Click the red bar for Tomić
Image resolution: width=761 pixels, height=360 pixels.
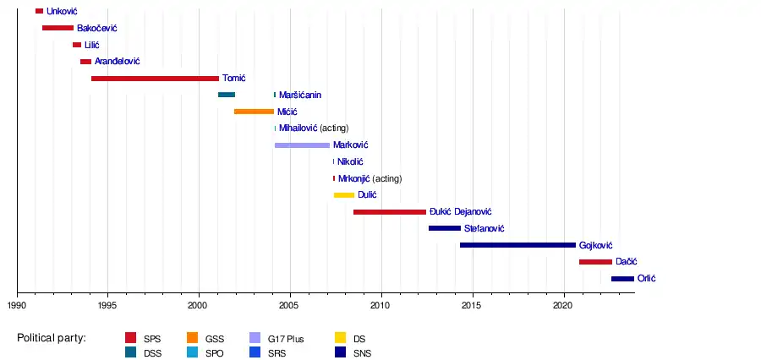click(x=155, y=79)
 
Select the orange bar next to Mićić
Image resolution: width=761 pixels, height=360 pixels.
click(x=254, y=112)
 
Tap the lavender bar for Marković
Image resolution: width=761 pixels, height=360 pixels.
click(x=302, y=145)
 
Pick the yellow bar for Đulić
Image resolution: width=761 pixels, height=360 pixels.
click(x=344, y=195)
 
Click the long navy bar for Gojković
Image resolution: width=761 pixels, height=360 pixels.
click(x=517, y=245)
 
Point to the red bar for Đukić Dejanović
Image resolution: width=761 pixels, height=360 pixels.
click(x=390, y=212)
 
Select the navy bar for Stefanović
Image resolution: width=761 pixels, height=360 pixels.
click(x=445, y=228)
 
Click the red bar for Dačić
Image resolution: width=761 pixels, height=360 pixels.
click(x=595, y=262)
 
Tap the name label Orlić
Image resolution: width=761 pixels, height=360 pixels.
click(x=646, y=279)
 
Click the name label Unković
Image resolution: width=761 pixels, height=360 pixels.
click(x=63, y=11)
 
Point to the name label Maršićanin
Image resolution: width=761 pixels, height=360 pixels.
click(x=300, y=95)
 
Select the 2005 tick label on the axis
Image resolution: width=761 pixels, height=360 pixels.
click(x=289, y=305)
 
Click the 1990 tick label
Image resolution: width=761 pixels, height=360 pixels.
click(x=17, y=305)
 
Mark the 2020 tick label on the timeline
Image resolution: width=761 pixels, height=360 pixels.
click(x=564, y=305)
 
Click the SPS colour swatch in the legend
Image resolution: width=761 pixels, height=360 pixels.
click(x=131, y=339)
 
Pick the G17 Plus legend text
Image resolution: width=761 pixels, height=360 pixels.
click(x=285, y=339)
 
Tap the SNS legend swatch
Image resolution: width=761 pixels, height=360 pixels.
click(x=342, y=353)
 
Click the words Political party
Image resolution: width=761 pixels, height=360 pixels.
click(x=52, y=339)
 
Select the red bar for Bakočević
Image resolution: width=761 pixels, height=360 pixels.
click(x=57, y=28)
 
